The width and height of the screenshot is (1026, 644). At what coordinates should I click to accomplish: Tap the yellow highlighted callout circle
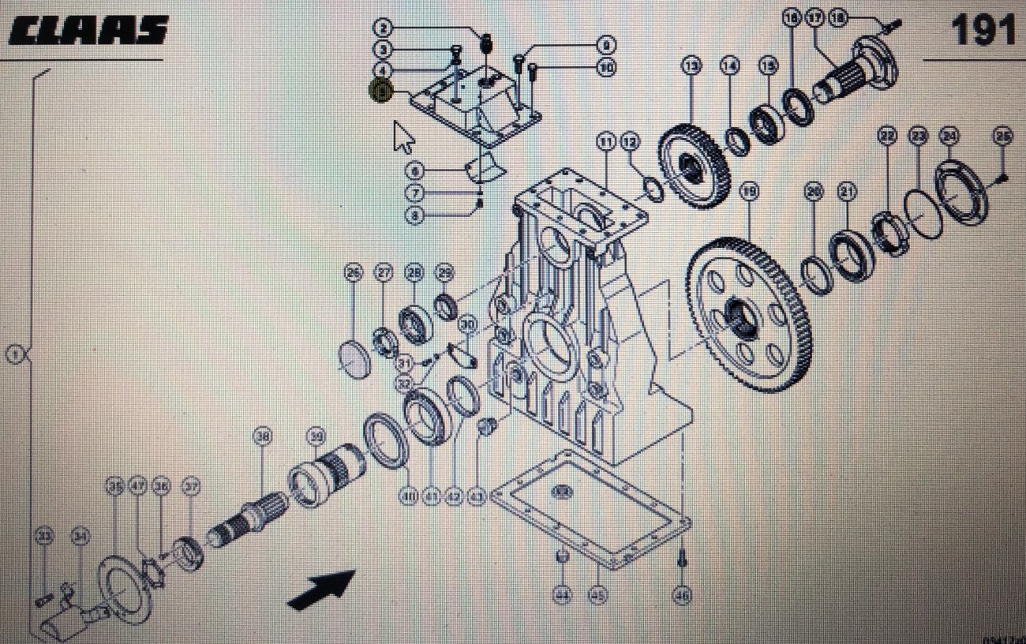pyautogui.click(x=380, y=92)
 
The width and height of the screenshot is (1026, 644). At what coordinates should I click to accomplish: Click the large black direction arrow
pyautogui.click(x=322, y=589)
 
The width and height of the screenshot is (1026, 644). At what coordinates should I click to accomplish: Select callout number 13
pyautogui.click(x=692, y=66)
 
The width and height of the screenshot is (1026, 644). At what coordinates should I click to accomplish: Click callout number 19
pyautogui.click(x=749, y=190)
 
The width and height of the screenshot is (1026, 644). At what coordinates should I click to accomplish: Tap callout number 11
pyautogui.click(x=605, y=142)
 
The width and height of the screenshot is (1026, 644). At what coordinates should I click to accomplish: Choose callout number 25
pyautogui.click(x=1002, y=136)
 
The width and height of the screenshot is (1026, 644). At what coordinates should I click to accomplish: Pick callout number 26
pyautogui.click(x=353, y=273)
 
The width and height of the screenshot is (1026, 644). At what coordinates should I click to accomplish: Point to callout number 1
pyautogui.click(x=14, y=354)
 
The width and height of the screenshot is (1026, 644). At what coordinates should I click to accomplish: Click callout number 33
pyautogui.click(x=44, y=537)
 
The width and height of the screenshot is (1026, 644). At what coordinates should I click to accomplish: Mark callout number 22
pyautogui.click(x=888, y=136)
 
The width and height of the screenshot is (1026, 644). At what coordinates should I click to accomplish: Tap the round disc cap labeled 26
pyautogui.click(x=357, y=359)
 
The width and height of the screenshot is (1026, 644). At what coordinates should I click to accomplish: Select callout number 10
pyautogui.click(x=605, y=69)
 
